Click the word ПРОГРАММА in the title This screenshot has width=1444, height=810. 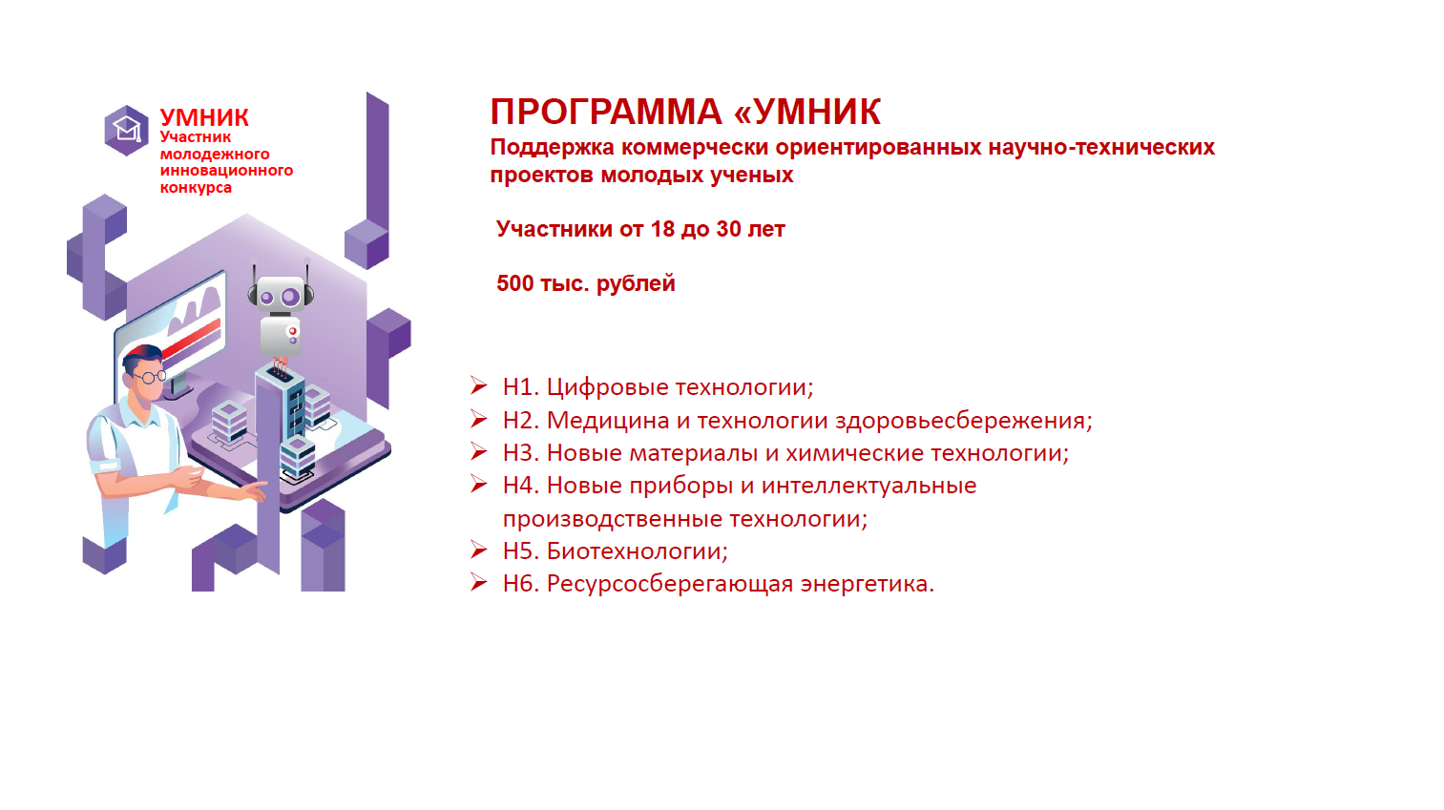[606, 112]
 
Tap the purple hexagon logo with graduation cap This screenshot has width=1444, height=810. [126, 130]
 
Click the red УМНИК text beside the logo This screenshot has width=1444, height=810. [204, 117]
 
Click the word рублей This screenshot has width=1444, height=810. [636, 284]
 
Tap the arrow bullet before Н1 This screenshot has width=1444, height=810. [479, 386]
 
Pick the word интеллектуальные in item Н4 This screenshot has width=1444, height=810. [869, 486]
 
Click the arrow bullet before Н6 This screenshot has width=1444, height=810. [479, 583]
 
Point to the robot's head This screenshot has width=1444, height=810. [281, 294]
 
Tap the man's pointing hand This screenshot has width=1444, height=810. [254, 490]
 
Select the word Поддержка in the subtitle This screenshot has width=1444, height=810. [553, 148]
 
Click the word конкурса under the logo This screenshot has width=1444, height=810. [196, 188]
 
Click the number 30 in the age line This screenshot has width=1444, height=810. [728, 229]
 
